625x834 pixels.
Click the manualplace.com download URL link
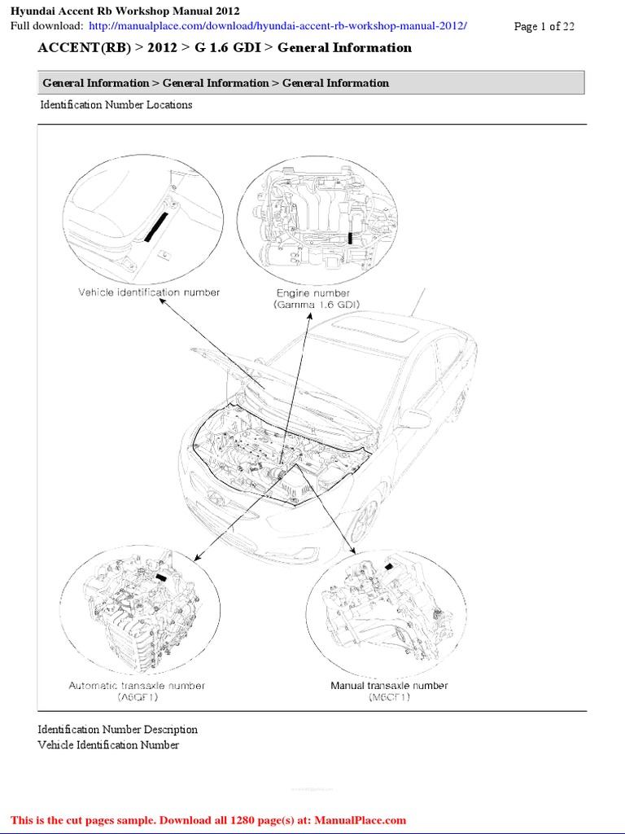pyautogui.click(x=278, y=26)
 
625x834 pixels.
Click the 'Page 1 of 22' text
pyautogui.click(x=544, y=27)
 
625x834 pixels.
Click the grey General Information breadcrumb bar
pyautogui.click(x=311, y=83)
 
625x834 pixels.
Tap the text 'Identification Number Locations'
pyautogui.click(x=116, y=105)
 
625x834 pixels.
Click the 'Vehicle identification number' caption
pyautogui.click(x=149, y=292)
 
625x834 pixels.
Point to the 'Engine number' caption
pyautogui.click(x=312, y=293)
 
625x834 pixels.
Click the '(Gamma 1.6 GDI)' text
pyautogui.click(x=316, y=304)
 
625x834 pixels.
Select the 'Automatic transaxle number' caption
pyautogui.click(x=137, y=686)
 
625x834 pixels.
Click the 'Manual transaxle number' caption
pyautogui.click(x=389, y=686)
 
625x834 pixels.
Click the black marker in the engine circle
pyautogui.click(x=350, y=237)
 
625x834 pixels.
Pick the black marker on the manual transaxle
pyautogui.click(x=388, y=565)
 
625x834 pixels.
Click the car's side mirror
pyautogui.click(x=415, y=419)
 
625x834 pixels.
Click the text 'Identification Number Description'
pyautogui.click(x=118, y=730)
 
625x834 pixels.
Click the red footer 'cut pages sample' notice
pyautogui.click(x=208, y=820)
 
